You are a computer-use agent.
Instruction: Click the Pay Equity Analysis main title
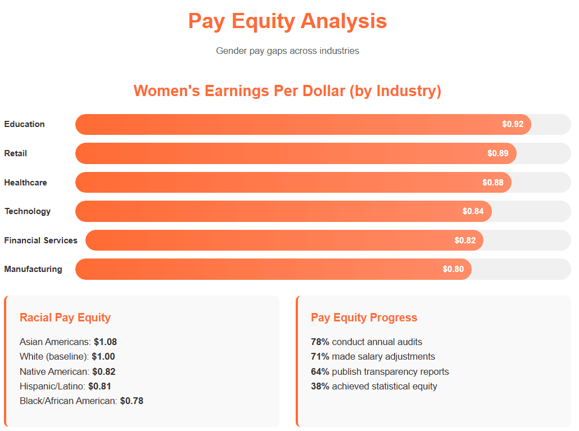tap(287, 21)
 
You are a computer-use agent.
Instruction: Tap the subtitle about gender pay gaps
tap(287, 51)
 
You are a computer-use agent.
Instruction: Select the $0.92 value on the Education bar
tap(513, 124)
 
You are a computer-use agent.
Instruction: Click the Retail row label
tap(16, 153)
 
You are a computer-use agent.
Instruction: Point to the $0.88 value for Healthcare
tap(493, 183)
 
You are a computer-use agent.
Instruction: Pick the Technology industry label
tap(28, 211)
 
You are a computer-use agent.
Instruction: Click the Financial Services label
tap(41, 241)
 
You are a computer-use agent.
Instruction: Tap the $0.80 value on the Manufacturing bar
tap(453, 269)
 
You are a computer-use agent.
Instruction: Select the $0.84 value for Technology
tap(473, 211)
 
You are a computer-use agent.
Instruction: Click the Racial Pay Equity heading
tap(65, 317)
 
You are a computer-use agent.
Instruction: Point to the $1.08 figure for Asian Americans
tap(105, 342)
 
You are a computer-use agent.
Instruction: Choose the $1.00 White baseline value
tap(103, 356)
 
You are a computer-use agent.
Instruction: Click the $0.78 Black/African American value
tap(132, 401)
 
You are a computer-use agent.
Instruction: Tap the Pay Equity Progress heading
tap(364, 317)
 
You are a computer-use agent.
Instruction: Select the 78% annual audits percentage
tap(320, 342)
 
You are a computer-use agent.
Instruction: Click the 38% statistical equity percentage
tap(320, 386)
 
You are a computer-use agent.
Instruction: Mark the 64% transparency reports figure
tap(320, 371)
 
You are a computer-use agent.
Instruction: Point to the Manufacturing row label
tap(33, 269)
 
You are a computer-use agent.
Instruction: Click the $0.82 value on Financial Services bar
tap(465, 241)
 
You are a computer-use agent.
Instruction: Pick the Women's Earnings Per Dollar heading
tap(287, 91)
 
